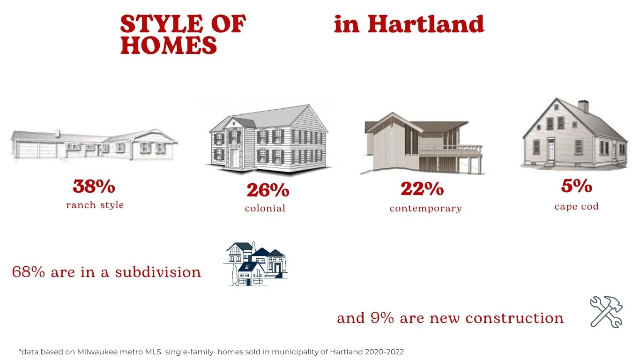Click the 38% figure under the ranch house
(x=94, y=186)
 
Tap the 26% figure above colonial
(x=268, y=190)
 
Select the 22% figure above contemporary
(x=422, y=188)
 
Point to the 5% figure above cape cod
(x=577, y=186)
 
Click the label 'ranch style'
(x=95, y=205)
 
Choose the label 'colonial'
(x=265, y=208)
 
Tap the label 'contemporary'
(x=425, y=209)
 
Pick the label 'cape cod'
(x=576, y=206)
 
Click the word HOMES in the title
(x=169, y=45)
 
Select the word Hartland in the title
(x=426, y=24)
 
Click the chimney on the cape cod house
(x=583, y=106)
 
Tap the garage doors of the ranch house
(x=37, y=150)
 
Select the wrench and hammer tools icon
(x=606, y=312)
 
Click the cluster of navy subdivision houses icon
(x=255, y=264)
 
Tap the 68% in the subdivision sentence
(x=29, y=272)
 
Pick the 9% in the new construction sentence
(x=382, y=318)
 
